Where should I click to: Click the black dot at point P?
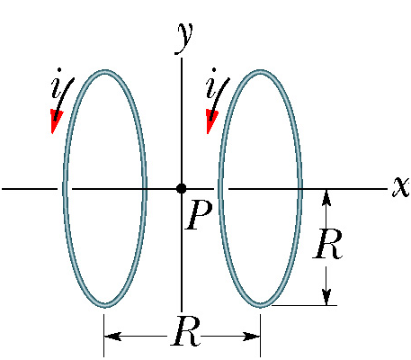(182, 189)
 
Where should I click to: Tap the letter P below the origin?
(199, 215)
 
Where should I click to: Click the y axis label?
(183, 39)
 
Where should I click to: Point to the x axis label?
(401, 186)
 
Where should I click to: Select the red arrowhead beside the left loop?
(56, 121)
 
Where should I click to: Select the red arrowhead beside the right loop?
(211, 121)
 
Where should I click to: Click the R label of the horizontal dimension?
(185, 330)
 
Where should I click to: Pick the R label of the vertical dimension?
(327, 243)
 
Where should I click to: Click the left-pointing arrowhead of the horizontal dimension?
(112, 337)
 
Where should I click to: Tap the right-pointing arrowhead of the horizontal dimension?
(251, 337)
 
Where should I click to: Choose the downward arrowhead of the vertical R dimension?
(326, 297)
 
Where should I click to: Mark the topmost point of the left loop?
(104, 72)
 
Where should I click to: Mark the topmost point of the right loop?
(260, 72)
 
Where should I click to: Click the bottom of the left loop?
(104, 305)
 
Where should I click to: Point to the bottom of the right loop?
(260, 305)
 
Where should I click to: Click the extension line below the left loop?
(104, 336)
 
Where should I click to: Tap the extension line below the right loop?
(260, 336)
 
